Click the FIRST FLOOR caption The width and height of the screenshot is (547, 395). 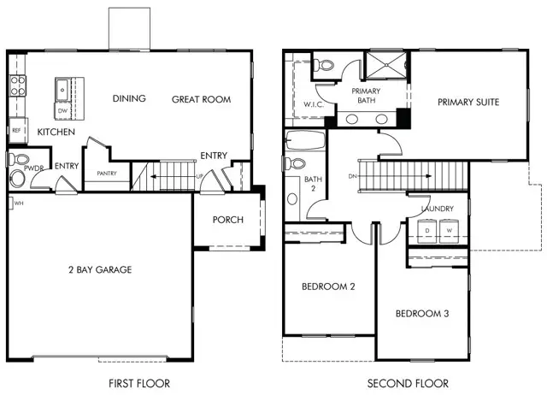[x=139, y=383]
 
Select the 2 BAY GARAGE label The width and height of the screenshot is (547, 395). [x=99, y=270]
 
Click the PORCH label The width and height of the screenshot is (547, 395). [x=228, y=220]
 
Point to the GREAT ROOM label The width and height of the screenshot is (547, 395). [x=202, y=99]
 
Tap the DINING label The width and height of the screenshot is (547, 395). [x=129, y=98]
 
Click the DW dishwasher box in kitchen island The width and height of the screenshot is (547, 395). [x=62, y=110]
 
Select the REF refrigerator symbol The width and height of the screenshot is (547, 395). [x=16, y=131]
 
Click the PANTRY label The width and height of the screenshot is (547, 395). [x=107, y=174]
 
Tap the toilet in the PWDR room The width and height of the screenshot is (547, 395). [x=18, y=177]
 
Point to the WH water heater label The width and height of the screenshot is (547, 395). [x=16, y=203]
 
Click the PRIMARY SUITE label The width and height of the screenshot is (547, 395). [x=468, y=102]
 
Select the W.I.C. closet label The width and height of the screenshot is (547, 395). [x=298, y=106]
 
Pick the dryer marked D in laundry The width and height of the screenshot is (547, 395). [x=426, y=230]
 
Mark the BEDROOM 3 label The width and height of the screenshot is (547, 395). [x=422, y=314]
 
